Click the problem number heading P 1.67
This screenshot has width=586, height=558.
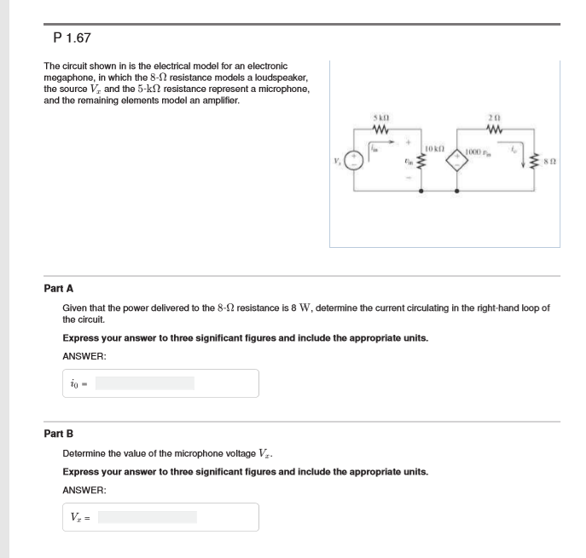click(x=72, y=38)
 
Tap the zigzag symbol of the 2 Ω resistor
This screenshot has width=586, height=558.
click(x=494, y=129)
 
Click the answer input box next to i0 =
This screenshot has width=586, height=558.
click(x=144, y=383)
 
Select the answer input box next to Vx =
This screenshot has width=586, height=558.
click(x=147, y=517)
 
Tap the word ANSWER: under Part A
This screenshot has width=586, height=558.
click(x=84, y=356)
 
